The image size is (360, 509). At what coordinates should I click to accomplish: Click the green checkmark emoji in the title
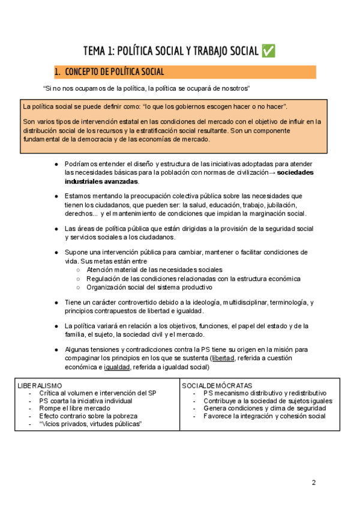coord(269,51)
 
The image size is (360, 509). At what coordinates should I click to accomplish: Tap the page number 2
coord(314,483)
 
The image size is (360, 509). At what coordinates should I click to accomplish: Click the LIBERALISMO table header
coord(40,385)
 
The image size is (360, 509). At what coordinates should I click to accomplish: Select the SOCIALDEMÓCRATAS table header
coord(217,385)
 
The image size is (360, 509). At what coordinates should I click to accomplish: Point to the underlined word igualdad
coord(116,367)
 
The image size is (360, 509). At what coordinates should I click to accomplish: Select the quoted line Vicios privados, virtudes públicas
coord(91,424)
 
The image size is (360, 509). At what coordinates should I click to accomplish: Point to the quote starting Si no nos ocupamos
coord(146,88)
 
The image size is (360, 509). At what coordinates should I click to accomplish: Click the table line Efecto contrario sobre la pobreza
coord(88,416)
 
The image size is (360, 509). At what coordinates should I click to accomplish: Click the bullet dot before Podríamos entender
coord(56,164)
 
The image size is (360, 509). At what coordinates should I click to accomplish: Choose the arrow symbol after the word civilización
coord(272,172)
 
